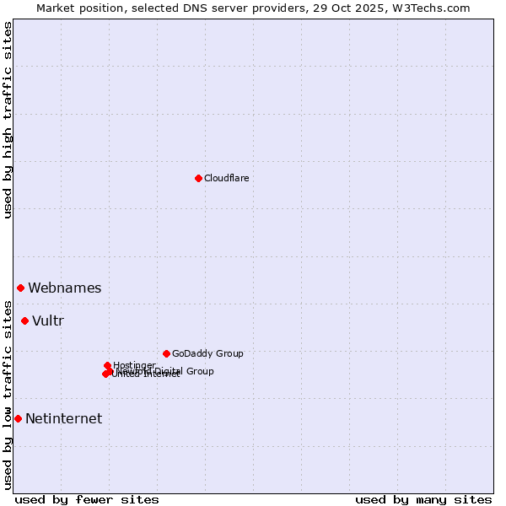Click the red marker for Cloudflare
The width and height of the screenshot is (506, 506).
tap(198, 178)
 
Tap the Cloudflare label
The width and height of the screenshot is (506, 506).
tap(226, 178)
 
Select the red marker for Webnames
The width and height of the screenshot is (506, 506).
tap(20, 288)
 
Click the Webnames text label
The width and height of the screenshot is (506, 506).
tap(64, 288)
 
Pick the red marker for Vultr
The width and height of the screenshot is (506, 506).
tap(24, 320)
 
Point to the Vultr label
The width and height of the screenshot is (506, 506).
tap(48, 320)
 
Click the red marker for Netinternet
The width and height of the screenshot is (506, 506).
tap(18, 418)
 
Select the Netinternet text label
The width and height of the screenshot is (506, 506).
tap(63, 418)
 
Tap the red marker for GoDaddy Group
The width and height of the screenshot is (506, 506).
tap(166, 353)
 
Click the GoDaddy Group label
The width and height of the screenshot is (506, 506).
tap(207, 353)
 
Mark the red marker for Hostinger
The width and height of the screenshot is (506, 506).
tap(107, 365)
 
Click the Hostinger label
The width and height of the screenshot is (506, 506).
tap(135, 365)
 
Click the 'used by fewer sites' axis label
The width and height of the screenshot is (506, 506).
tap(87, 499)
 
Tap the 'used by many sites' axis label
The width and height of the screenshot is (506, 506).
tap(423, 499)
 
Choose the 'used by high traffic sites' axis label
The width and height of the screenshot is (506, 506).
tap(8, 121)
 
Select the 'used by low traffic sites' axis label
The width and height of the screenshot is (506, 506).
tap(8, 394)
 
